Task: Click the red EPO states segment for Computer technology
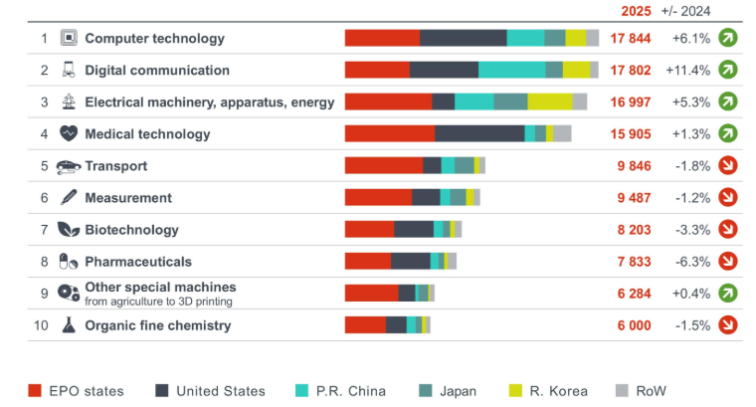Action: click(x=382, y=38)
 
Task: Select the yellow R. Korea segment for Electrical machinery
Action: click(x=549, y=102)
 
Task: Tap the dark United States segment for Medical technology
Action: click(x=479, y=133)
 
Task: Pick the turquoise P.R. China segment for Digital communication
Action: click(x=511, y=70)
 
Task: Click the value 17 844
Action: click(x=632, y=39)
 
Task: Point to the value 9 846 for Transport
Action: click(x=634, y=165)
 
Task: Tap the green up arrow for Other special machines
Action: click(x=727, y=293)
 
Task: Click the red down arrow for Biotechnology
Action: click(x=727, y=229)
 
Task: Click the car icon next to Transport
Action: click(x=69, y=166)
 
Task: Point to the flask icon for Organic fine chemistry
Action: click(x=69, y=324)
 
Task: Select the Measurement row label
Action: click(x=128, y=197)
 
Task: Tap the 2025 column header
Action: click(x=636, y=11)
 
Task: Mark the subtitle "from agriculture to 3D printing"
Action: click(x=158, y=301)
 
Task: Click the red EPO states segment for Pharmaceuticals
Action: click(x=368, y=261)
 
